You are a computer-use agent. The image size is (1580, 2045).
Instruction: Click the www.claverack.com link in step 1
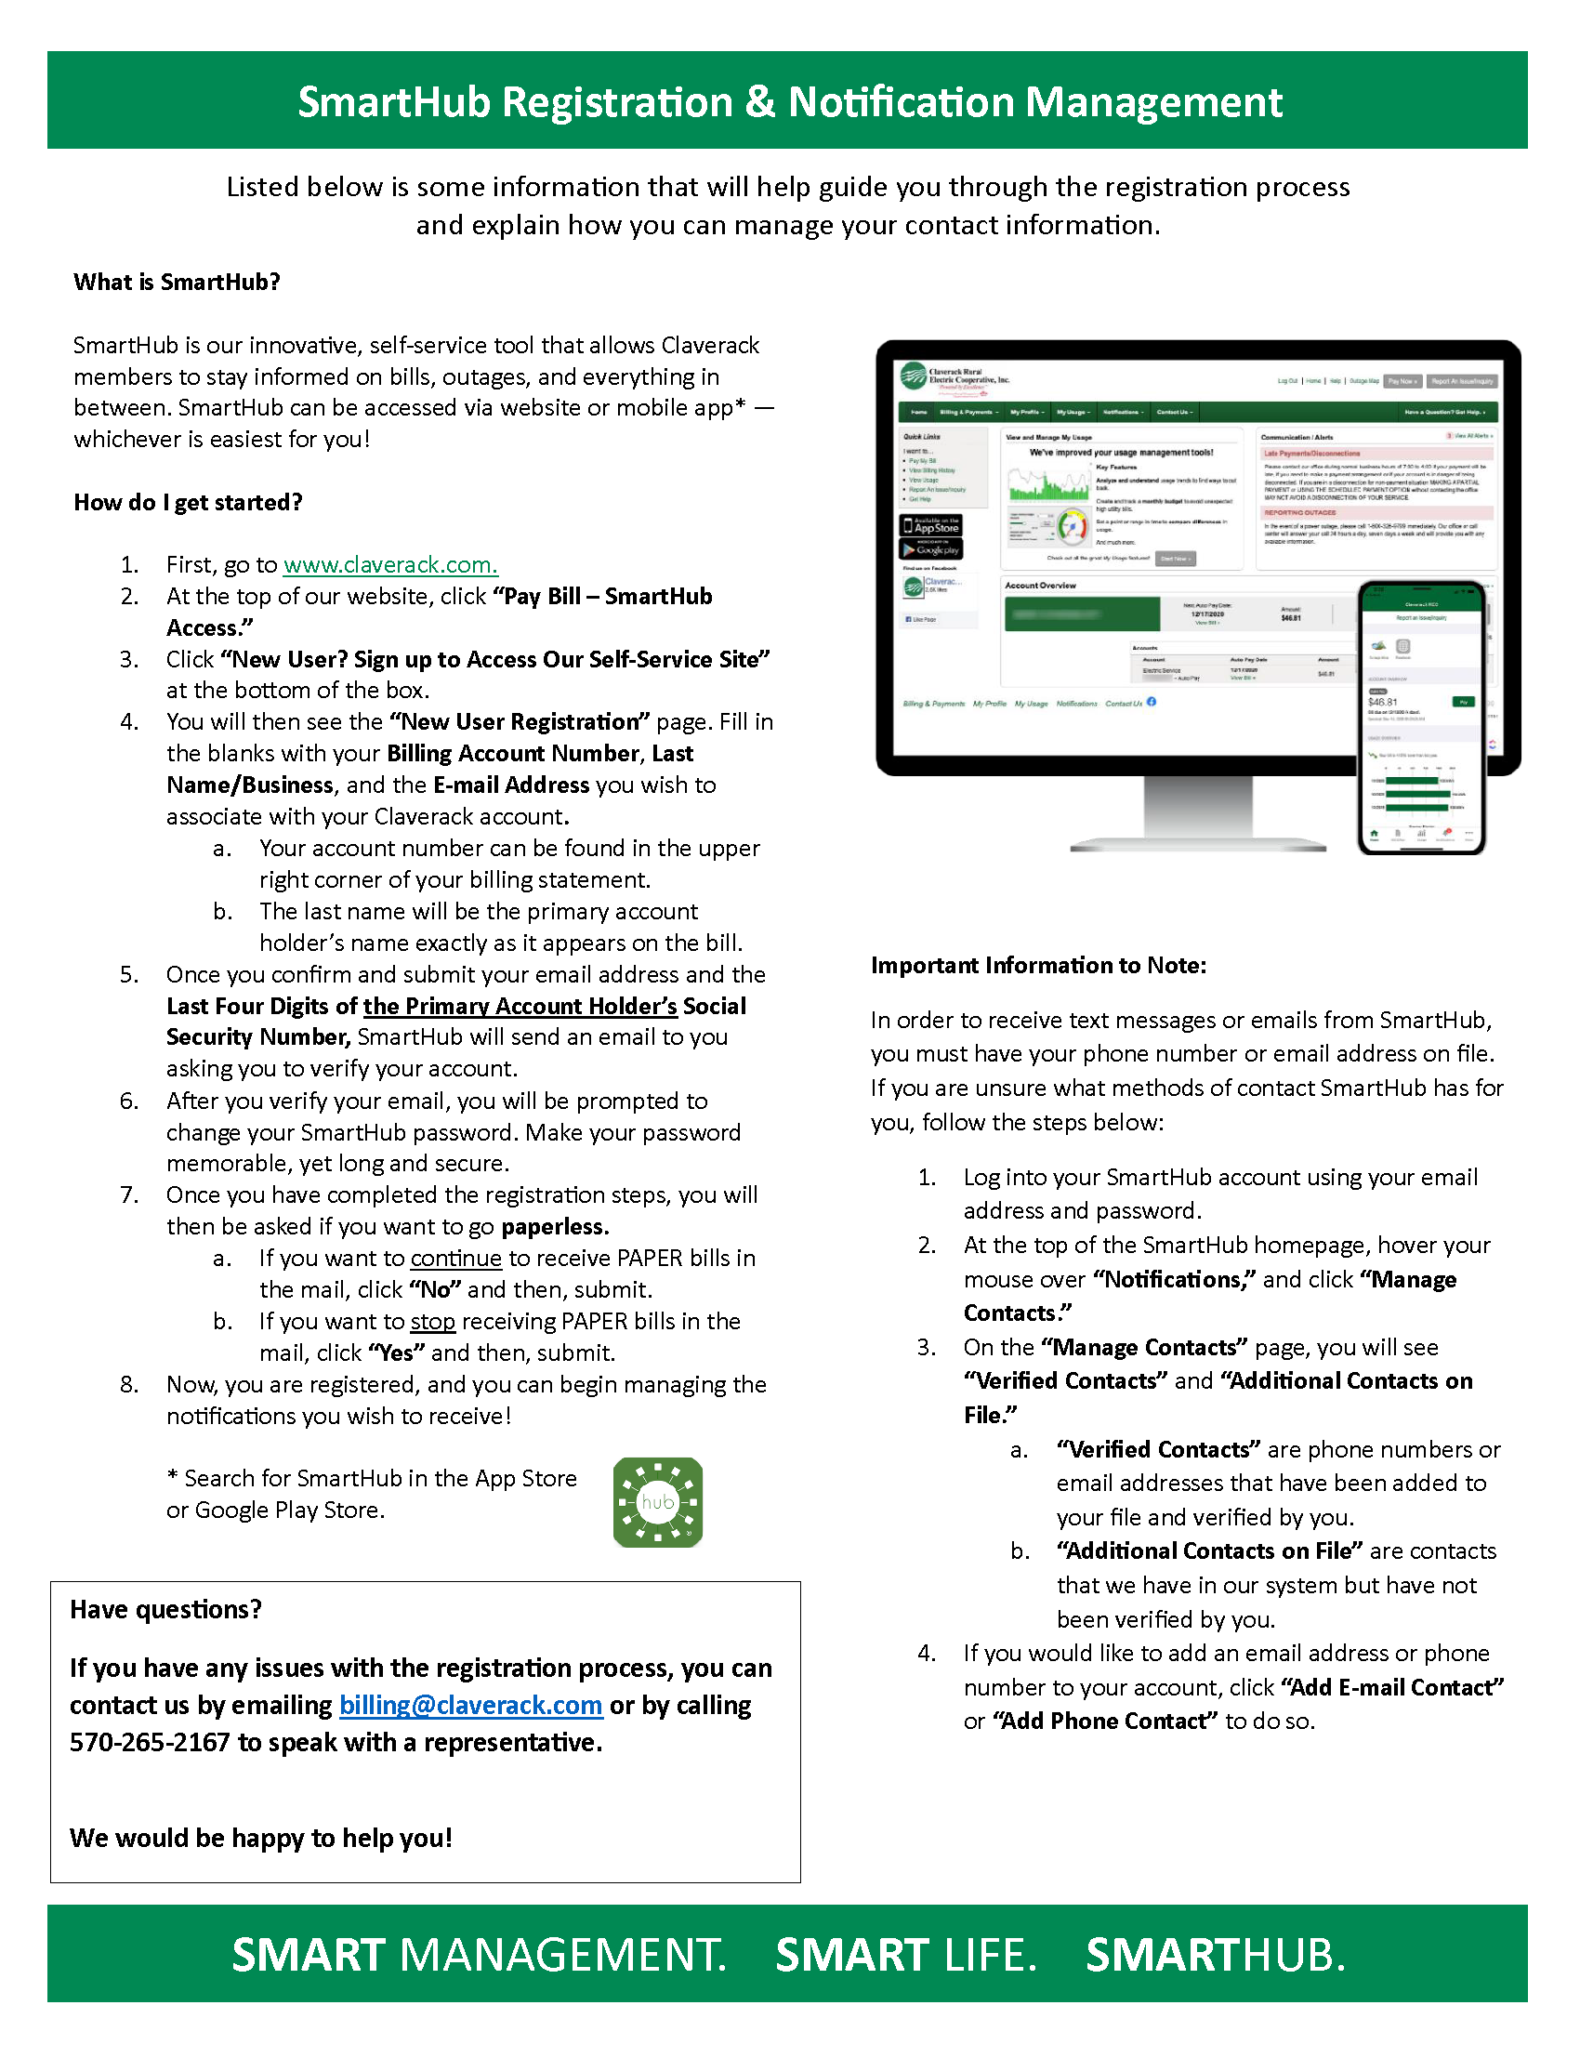click(x=390, y=564)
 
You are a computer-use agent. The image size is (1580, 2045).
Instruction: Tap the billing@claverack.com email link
click(x=470, y=1705)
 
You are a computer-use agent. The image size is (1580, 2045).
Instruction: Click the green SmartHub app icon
click(x=657, y=1502)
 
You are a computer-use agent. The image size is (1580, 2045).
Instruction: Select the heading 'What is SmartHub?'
click(x=177, y=282)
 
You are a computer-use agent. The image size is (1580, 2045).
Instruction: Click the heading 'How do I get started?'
click(x=188, y=502)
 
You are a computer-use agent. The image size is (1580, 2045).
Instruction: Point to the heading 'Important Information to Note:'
click(x=1038, y=966)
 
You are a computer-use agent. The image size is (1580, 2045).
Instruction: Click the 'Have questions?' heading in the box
click(x=165, y=1610)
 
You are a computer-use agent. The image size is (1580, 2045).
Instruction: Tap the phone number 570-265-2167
click(x=150, y=1743)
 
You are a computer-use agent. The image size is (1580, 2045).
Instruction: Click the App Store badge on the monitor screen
click(x=930, y=525)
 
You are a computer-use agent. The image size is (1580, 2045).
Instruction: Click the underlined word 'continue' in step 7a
click(x=455, y=1258)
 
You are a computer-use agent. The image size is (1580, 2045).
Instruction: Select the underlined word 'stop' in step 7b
click(x=432, y=1321)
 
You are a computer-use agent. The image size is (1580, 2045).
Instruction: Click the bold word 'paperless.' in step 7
click(x=555, y=1227)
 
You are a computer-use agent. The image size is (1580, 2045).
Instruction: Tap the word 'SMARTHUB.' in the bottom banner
click(x=1215, y=1955)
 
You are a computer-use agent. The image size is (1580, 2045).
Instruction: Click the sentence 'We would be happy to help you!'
click(x=260, y=1838)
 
